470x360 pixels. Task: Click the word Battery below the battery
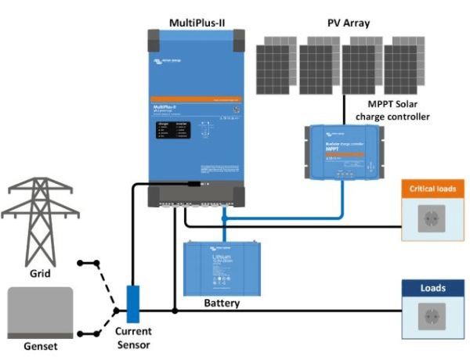pos(222,303)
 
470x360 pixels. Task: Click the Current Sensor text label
pos(128,337)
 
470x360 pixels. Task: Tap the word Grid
pos(39,274)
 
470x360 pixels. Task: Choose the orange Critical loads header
pos(432,189)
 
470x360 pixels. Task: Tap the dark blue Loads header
pos(432,288)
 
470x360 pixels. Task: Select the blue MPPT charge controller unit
pos(345,150)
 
